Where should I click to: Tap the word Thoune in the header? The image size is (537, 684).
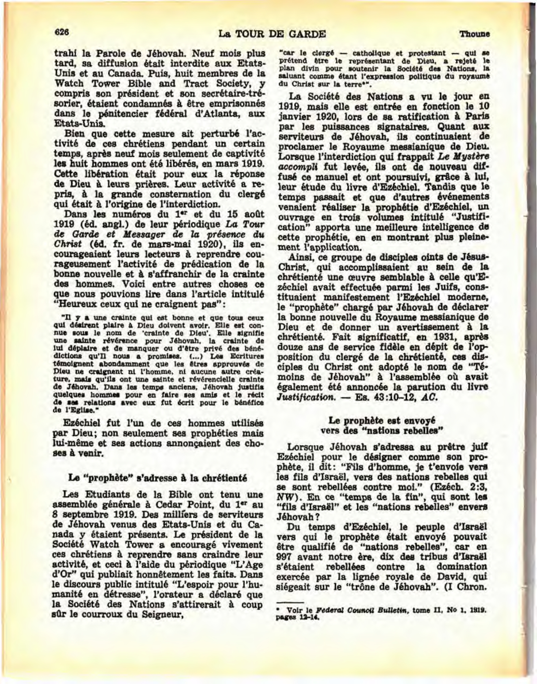(x=475, y=34)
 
